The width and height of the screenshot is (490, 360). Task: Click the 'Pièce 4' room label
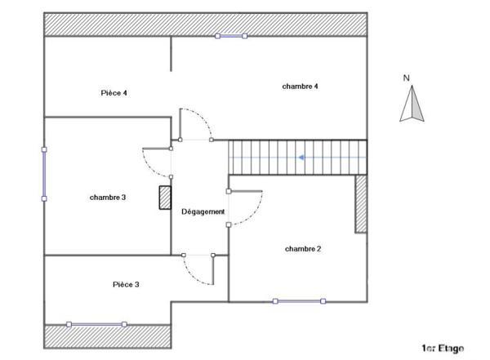pyautogui.click(x=114, y=93)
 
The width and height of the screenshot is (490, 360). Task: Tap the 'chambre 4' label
pyautogui.click(x=300, y=86)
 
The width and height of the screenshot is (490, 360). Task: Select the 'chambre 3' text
pyautogui.click(x=108, y=198)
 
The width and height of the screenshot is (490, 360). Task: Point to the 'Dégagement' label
pyautogui.click(x=203, y=211)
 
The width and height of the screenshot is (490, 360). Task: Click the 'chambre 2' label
pyautogui.click(x=302, y=248)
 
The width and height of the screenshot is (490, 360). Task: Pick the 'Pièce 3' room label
pyautogui.click(x=126, y=284)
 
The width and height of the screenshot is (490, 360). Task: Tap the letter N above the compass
pyautogui.click(x=406, y=78)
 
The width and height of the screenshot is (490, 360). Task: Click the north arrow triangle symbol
pyautogui.click(x=413, y=105)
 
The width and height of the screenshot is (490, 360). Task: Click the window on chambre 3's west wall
pyautogui.click(x=43, y=173)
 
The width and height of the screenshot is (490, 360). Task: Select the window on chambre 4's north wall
pyautogui.click(x=231, y=36)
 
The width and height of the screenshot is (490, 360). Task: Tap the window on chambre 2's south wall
pyautogui.click(x=300, y=301)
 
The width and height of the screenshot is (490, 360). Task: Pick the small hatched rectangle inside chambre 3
pyautogui.click(x=164, y=198)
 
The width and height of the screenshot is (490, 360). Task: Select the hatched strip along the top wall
pyautogui.click(x=204, y=24)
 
